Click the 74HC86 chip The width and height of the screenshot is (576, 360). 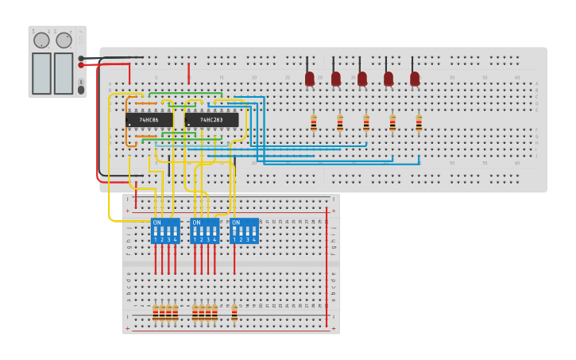coord(149,120)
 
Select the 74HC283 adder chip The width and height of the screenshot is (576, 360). coord(211,120)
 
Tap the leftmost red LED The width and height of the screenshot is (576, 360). coord(310,79)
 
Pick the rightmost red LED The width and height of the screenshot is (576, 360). coord(415,79)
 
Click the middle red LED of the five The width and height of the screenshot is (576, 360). coord(362,79)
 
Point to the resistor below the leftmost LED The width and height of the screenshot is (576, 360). coord(314,123)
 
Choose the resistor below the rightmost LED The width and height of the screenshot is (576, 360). coord(419,123)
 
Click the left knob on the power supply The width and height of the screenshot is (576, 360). coord(41,41)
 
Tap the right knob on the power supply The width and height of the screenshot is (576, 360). coord(64,41)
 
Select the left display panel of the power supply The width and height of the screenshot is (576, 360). coord(41,73)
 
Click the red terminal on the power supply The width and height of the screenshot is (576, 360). coord(82,65)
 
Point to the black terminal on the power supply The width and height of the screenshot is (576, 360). coord(82,58)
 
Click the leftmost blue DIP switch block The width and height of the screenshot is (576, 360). coord(165,230)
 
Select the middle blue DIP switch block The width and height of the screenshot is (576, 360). coord(205,230)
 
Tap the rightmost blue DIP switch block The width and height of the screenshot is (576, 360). coord(245,230)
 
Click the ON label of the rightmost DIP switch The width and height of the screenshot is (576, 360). coord(236,223)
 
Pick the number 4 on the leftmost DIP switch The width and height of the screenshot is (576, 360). coord(176,239)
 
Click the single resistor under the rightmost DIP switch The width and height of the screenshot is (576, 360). coord(234,312)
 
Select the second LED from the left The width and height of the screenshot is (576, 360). coord(336,79)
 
